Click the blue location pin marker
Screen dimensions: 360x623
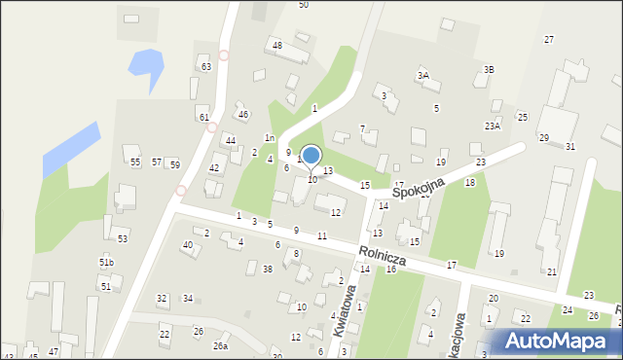(311, 156)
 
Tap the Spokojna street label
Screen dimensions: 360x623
(420, 188)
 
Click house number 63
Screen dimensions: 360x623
(205, 66)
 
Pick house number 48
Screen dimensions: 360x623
(276, 46)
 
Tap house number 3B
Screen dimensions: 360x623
(490, 69)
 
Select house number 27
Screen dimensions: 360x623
(549, 39)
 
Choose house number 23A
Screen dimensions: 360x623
(493, 126)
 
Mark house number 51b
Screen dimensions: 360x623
(106, 263)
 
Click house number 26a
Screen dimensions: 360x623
(221, 345)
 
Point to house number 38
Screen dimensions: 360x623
(267, 269)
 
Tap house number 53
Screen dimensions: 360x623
(122, 238)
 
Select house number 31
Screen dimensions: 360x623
(569, 146)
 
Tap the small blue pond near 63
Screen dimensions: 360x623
(146, 66)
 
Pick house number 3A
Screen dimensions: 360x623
(422, 75)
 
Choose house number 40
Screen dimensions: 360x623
(187, 244)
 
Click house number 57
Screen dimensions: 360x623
(156, 162)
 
